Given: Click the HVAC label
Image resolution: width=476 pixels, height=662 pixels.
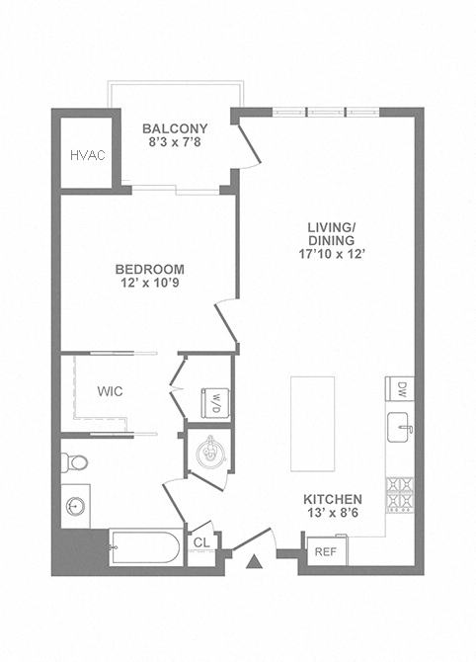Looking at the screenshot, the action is (x=87, y=155).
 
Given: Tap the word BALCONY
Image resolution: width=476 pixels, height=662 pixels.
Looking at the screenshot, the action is (x=175, y=128).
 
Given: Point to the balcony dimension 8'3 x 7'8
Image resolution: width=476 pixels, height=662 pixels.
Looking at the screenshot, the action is (x=175, y=142).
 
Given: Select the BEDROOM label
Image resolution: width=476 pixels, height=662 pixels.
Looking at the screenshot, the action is (x=150, y=269).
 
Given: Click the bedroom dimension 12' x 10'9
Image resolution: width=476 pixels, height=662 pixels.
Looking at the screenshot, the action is (x=150, y=283).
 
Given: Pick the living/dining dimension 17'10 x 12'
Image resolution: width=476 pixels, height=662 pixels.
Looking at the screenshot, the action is (x=331, y=254).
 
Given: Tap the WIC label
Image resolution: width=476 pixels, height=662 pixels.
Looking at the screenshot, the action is (x=111, y=391).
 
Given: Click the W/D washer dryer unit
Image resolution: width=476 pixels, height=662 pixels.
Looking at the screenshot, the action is (x=215, y=403).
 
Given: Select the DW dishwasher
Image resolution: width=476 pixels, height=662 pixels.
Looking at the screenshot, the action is (x=400, y=389).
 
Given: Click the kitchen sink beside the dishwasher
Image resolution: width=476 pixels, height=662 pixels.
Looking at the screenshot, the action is (x=399, y=427).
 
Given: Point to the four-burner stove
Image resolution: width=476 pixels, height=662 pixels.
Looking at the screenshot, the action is (x=400, y=495).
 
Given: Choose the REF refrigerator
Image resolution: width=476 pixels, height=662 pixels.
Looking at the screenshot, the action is (x=327, y=551).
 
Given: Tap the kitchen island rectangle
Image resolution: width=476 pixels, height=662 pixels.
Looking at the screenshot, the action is (x=313, y=424).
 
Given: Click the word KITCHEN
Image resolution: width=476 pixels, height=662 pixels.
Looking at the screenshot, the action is (x=333, y=499).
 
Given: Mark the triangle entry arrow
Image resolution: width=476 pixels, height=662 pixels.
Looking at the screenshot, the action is (x=254, y=562).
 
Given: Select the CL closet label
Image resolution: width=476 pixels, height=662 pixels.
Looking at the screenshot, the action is (x=201, y=542).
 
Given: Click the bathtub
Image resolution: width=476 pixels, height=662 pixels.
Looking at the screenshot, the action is (x=145, y=547).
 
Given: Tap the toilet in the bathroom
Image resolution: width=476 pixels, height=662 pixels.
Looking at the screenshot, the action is (x=74, y=462).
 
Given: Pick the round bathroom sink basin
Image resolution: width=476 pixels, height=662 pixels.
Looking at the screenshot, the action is (x=75, y=506).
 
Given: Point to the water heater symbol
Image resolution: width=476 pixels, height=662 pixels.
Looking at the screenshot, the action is (x=209, y=452).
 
